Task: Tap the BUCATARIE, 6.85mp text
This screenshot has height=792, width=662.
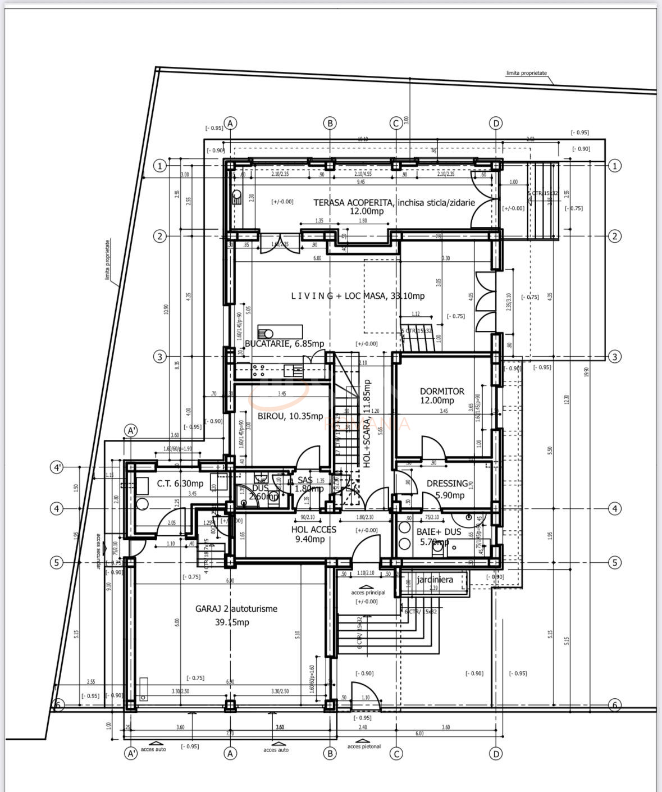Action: pos(284,344)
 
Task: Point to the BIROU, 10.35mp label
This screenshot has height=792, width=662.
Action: pos(290,416)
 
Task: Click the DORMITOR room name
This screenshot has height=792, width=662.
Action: pos(442,392)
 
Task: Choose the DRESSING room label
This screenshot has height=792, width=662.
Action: pos(447,483)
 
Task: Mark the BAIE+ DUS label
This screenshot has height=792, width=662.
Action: pos(439,531)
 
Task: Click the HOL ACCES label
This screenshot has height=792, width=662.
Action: pos(313,529)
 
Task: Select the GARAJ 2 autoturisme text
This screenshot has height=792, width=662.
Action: pos(236,608)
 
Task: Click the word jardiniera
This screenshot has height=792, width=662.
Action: pos(435,580)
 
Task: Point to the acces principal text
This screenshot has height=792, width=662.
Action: pos(368,593)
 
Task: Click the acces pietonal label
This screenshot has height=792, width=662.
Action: pos(364,747)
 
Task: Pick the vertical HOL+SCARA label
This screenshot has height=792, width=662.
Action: pos(367,424)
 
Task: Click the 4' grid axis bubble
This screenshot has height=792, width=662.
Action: pos(57,467)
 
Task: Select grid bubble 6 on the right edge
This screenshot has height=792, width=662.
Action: pos(614,704)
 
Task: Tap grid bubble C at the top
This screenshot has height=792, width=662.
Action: pos(396,123)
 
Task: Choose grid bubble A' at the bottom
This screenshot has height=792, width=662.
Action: pos(130,753)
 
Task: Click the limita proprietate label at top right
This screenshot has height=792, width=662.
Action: pos(526,73)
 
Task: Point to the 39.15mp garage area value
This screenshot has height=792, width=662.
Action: pos(232,622)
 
